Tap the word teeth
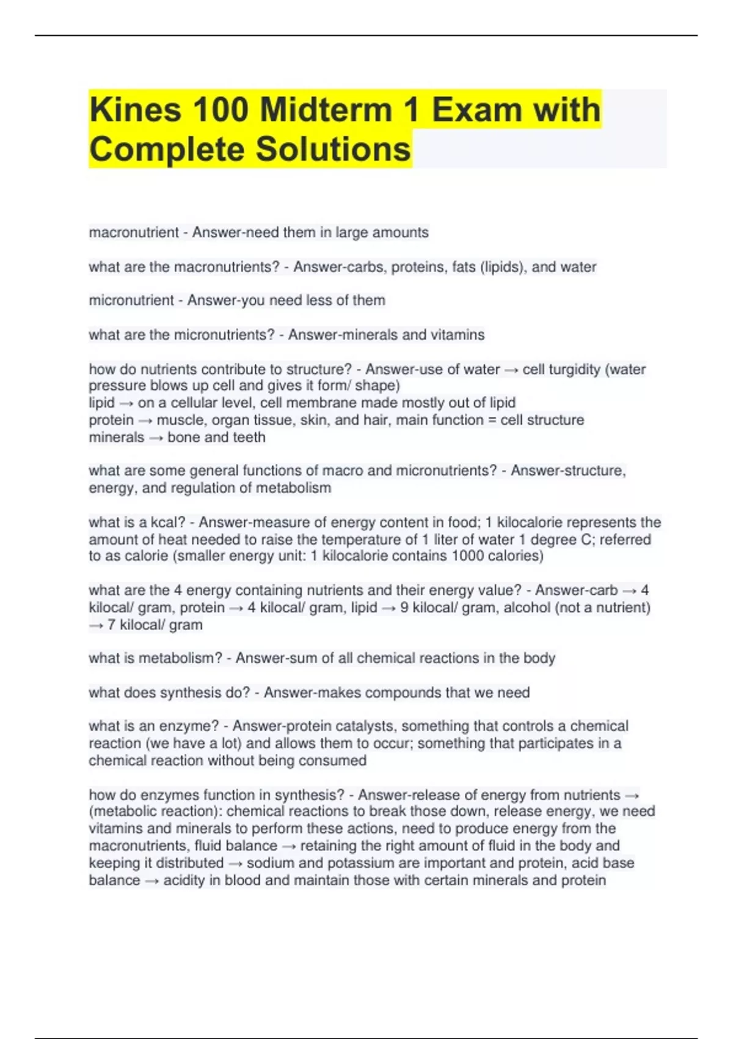pyautogui.click(x=249, y=437)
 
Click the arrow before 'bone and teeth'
pyautogui.click(x=156, y=438)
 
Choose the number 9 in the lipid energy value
pyautogui.click(x=404, y=608)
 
